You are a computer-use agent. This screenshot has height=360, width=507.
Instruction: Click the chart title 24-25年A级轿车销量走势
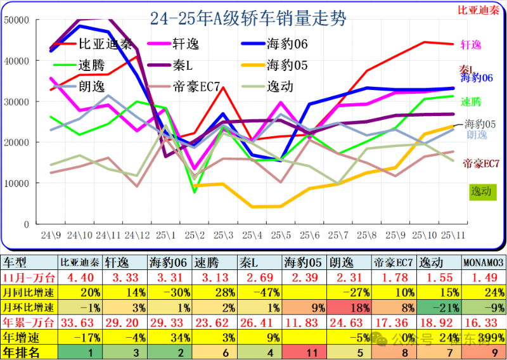pos(248,18)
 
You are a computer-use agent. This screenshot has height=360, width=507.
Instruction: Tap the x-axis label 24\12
pos(138,235)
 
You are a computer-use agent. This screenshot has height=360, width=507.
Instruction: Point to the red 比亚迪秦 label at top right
pos(478,11)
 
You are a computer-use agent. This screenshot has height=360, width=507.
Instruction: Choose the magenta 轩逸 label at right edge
pos(470,44)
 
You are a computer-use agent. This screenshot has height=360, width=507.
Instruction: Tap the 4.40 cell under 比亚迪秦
pos(80,277)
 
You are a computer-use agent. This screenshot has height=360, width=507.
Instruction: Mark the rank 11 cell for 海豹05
pos(305,352)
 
